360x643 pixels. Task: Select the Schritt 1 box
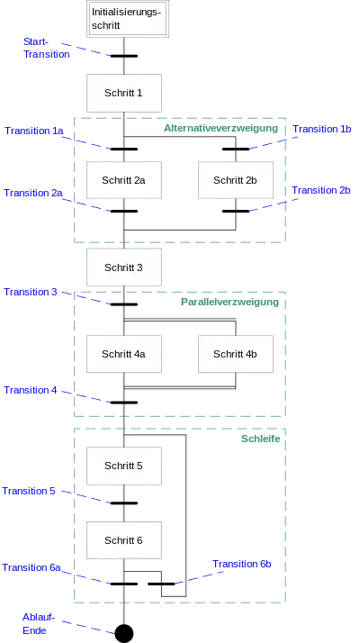(124, 93)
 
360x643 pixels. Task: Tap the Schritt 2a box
(124, 180)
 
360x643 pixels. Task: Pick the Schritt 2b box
(236, 180)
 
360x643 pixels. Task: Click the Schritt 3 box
(124, 267)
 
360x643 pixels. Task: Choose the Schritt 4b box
(236, 354)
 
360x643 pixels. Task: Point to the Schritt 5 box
(124, 466)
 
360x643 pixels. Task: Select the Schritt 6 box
(124, 540)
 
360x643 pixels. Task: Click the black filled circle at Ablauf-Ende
(124, 633)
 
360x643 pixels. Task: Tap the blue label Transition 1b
(322, 129)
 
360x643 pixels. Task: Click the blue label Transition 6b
(241, 565)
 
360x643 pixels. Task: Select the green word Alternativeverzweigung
(221, 129)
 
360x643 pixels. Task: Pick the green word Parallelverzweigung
(229, 303)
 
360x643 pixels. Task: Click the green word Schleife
(260, 439)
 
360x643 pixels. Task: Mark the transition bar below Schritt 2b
(236, 212)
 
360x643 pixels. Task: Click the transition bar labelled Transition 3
(124, 304)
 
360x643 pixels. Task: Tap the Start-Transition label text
(46, 48)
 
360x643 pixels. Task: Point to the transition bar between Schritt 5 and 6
(124, 503)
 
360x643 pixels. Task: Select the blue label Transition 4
(31, 391)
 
